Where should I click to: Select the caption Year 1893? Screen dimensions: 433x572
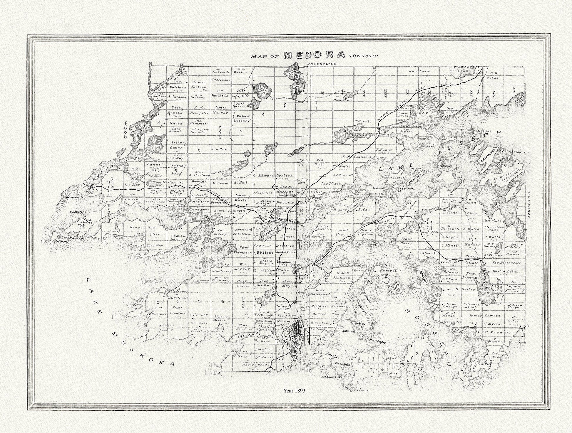pos(294,391)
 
